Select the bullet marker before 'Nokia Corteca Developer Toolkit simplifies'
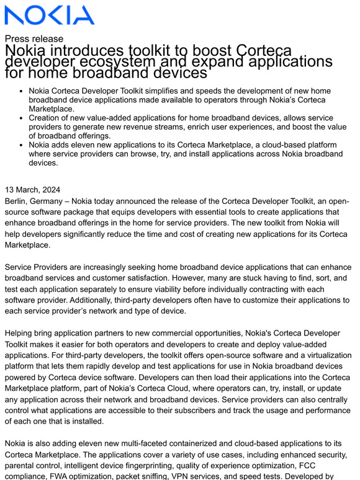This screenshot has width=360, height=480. click(x=22, y=91)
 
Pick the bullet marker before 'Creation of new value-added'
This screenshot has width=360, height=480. click(x=22, y=118)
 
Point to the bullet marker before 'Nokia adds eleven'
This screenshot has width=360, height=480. click(x=22, y=144)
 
